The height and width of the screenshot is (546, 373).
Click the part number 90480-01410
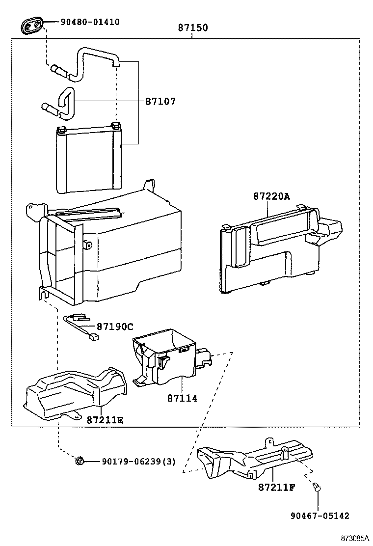click(x=90, y=22)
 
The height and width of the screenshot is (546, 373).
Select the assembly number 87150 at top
click(x=192, y=28)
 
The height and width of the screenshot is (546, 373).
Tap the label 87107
click(x=160, y=102)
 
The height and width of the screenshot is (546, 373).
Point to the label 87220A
click(x=271, y=196)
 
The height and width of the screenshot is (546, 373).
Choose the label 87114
click(x=182, y=398)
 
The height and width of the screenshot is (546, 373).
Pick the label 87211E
click(x=105, y=420)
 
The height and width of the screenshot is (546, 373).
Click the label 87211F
click(x=276, y=487)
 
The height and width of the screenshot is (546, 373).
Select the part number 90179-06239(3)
click(x=138, y=462)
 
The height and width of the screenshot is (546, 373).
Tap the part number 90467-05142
click(x=319, y=516)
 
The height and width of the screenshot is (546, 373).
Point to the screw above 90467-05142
click(x=317, y=487)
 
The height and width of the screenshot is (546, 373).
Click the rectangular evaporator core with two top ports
click(x=88, y=160)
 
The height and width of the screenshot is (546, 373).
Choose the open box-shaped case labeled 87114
click(x=169, y=356)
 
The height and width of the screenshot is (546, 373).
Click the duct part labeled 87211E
click(x=74, y=393)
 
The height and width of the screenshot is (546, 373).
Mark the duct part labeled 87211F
click(x=250, y=459)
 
